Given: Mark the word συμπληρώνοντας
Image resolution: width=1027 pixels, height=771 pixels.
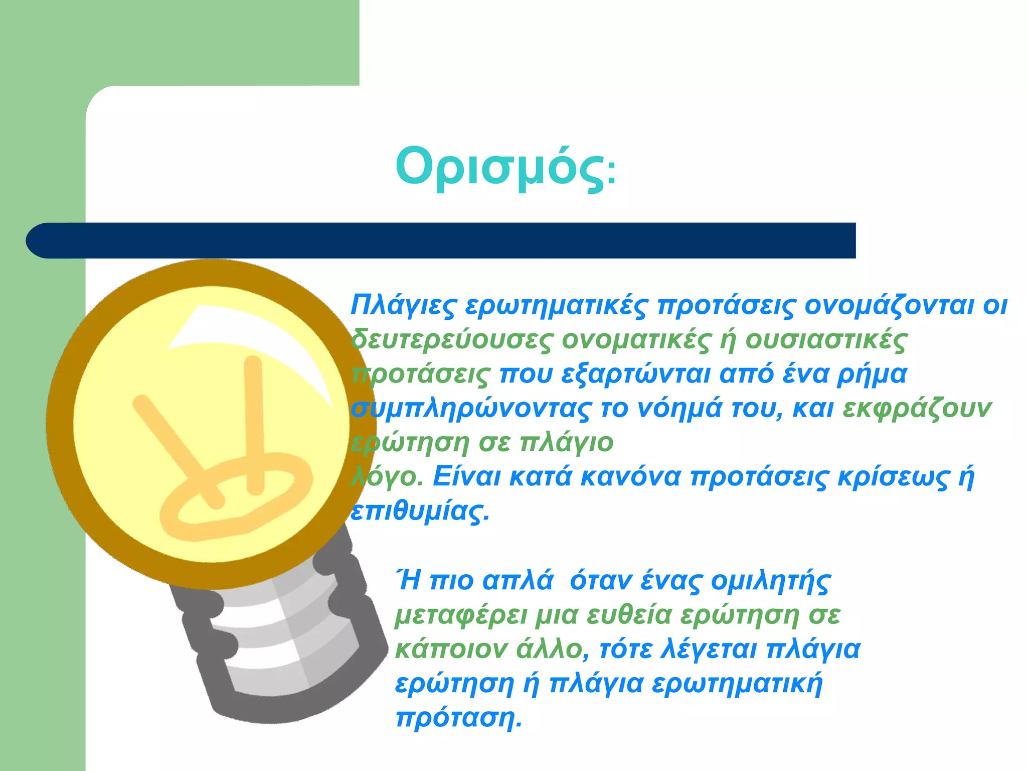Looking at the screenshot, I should click(471, 409).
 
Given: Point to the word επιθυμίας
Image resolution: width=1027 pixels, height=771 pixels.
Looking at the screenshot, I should click(419, 511).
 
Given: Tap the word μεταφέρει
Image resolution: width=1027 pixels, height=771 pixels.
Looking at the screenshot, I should click(461, 615).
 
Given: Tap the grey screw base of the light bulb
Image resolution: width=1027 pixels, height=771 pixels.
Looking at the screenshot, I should click(281, 648).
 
